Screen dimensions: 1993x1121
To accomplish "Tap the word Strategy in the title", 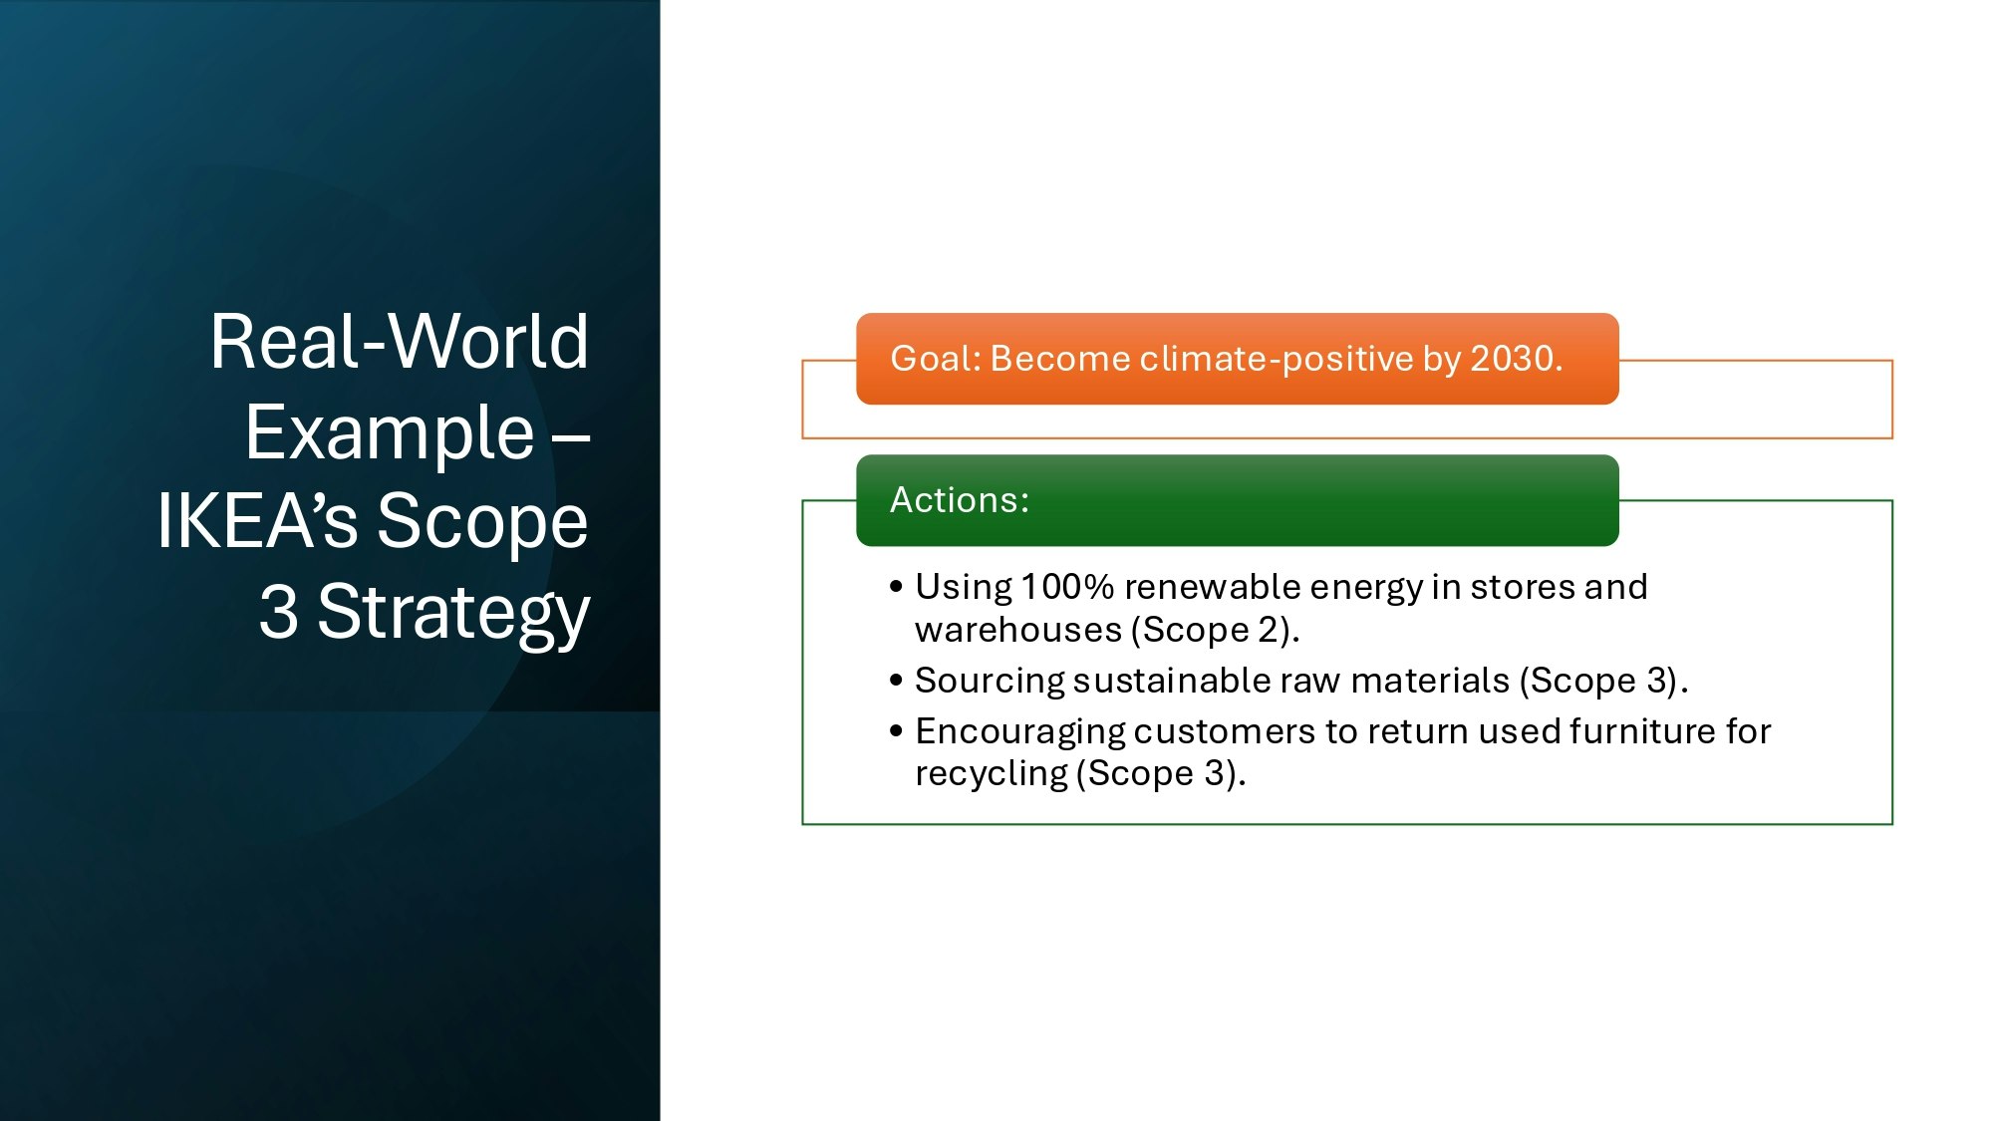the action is pos(453,612).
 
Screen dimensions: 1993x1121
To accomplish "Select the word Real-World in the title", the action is pos(399,342).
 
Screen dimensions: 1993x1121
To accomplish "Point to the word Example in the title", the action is pos(390,432).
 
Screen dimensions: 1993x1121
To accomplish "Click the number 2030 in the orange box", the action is pos(1512,359).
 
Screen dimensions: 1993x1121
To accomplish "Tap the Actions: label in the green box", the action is pos(960,500).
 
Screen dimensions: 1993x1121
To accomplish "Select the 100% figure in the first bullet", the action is pos(1067,587).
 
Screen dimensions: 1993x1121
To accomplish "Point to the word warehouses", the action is pos(1018,630).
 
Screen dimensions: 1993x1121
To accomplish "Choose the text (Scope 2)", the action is pos(1215,631).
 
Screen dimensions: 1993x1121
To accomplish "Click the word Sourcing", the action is pos(990,682).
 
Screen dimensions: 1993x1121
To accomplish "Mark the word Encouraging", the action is pos(1019,732).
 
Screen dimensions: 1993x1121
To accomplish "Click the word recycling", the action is pos(992,774).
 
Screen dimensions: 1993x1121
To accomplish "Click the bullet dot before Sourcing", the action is pos(896,681).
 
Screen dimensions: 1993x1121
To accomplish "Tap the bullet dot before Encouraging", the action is pos(896,731).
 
